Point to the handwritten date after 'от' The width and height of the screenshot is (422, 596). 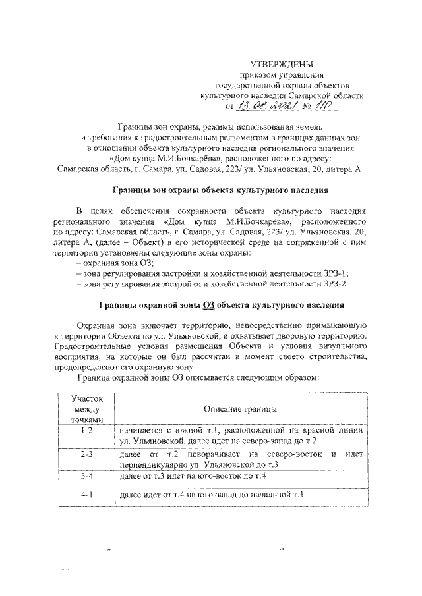tap(264, 106)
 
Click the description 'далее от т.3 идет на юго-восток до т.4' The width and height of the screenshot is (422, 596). tap(193, 476)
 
